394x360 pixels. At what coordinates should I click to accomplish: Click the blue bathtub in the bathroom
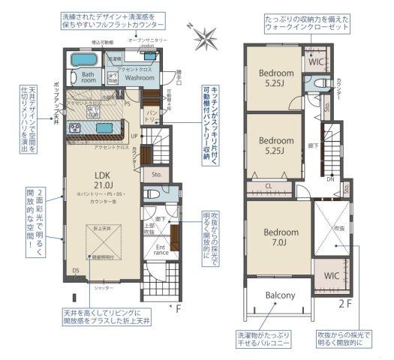pos(79,60)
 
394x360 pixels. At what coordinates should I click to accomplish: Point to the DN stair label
pos(331,178)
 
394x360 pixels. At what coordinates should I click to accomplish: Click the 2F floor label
pos(344,303)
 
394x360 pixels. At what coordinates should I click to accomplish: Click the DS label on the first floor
pos(75,270)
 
